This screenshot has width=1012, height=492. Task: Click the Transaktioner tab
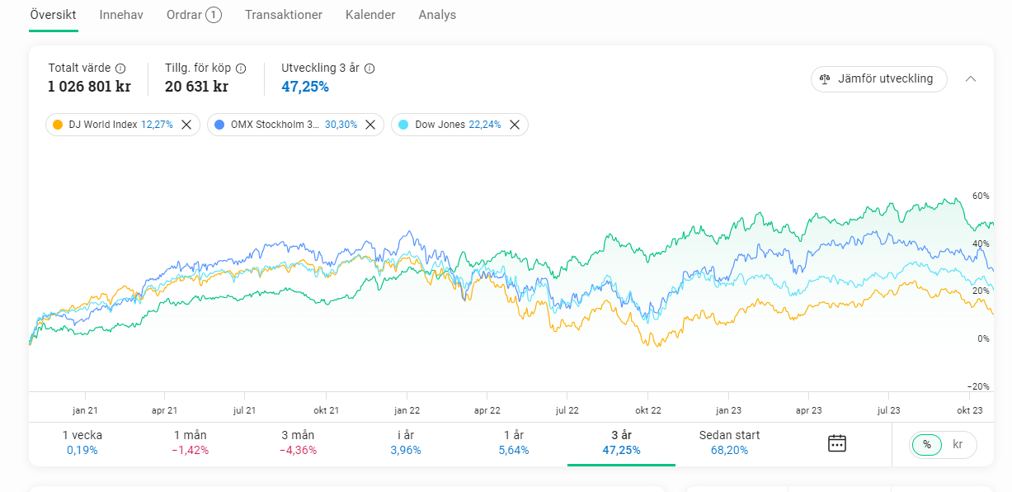pyautogui.click(x=284, y=15)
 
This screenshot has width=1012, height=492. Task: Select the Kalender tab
pyautogui.click(x=370, y=15)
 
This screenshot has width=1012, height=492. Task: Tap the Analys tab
pyautogui.click(x=437, y=15)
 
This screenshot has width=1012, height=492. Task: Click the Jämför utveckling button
pyautogui.click(x=878, y=78)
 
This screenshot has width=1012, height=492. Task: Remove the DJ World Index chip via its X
pyautogui.click(x=186, y=125)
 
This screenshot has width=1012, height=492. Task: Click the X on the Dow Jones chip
pyautogui.click(x=515, y=125)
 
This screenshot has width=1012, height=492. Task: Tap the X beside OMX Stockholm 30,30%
pyautogui.click(x=370, y=125)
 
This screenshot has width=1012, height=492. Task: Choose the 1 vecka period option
pyautogui.click(x=82, y=442)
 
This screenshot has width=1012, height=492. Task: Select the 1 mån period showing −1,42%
pyautogui.click(x=191, y=442)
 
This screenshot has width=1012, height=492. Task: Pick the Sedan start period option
pyautogui.click(x=729, y=442)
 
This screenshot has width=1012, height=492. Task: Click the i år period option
pyautogui.click(x=406, y=442)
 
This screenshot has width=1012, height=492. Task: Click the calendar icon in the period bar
pyautogui.click(x=837, y=443)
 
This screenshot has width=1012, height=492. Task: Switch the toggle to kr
pyautogui.click(x=958, y=444)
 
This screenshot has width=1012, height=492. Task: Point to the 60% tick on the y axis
pyautogui.click(x=980, y=196)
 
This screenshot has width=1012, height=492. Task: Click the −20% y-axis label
pyautogui.click(x=978, y=386)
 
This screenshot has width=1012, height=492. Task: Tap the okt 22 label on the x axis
pyautogui.click(x=648, y=409)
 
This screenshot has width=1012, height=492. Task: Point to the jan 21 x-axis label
pyautogui.click(x=86, y=409)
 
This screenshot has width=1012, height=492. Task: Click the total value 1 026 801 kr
pyautogui.click(x=89, y=86)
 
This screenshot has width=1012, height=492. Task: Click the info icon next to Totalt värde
pyautogui.click(x=120, y=69)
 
